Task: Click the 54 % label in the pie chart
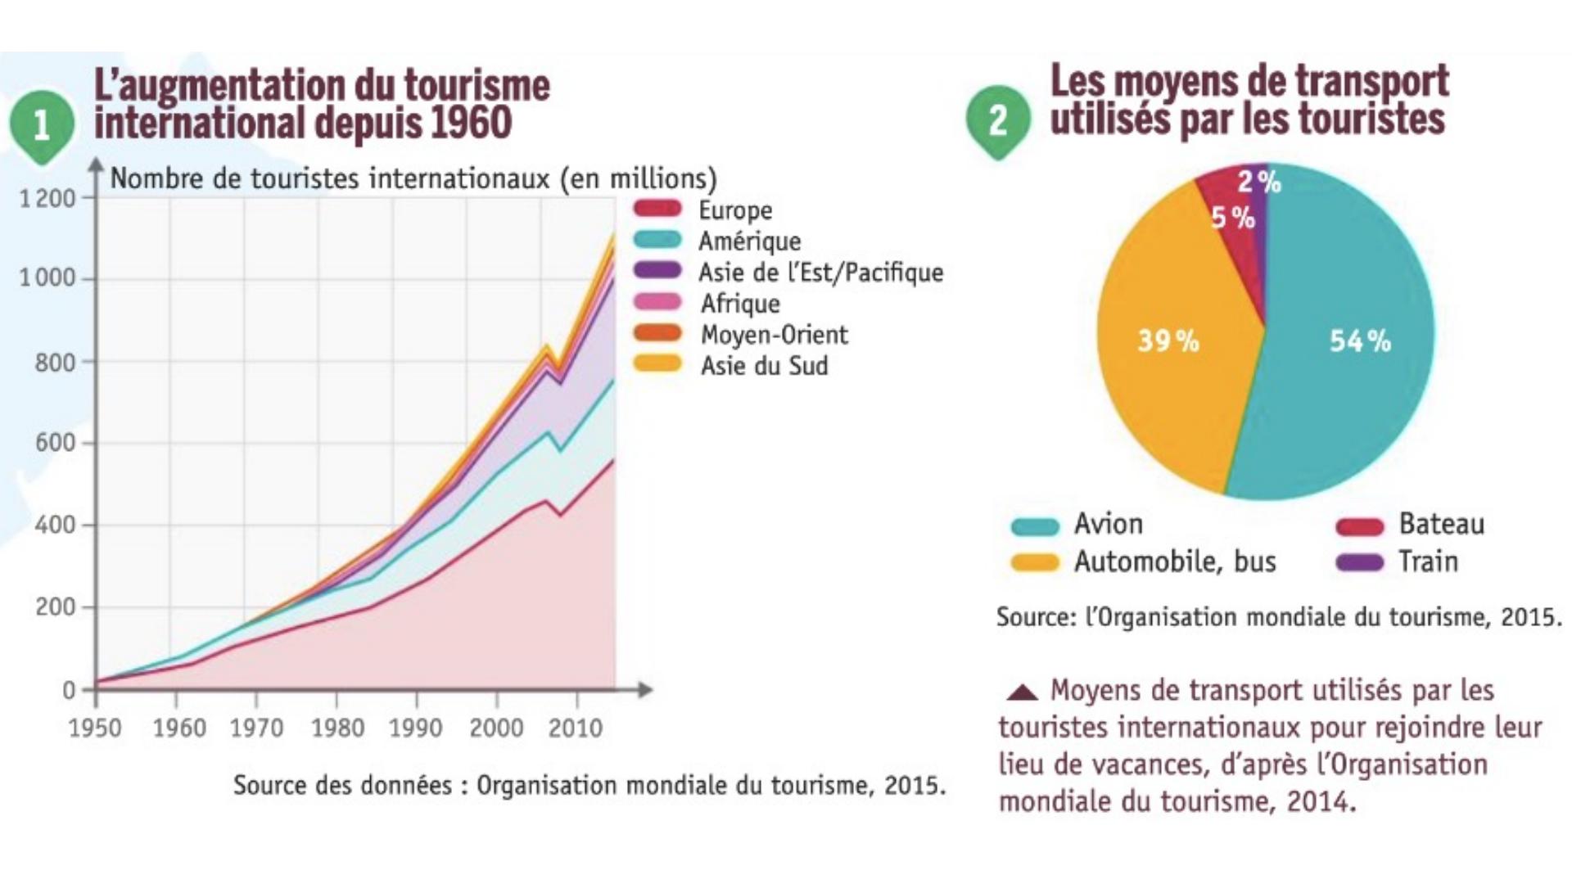(x=1359, y=341)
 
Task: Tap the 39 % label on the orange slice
(x=1168, y=340)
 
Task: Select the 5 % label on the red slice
(x=1232, y=218)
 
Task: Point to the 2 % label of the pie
(x=1258, y=182)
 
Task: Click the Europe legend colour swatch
(x=657, y=209)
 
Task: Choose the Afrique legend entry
(x=740, y=304)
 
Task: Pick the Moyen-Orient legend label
(x=774, y=335)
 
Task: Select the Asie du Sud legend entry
(x=764, y=366)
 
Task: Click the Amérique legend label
(x=749, y=241)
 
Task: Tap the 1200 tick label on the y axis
(x=47, y=199)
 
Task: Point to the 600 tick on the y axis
(x=55, y=443)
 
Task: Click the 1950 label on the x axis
(x=95, y=728)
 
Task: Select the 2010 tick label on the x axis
(x=576, y=728)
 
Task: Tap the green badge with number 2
(x=997, y=121)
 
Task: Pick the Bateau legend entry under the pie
(x=1441, y=524)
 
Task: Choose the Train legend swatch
(x=1359, y=562)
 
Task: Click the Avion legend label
(x=1108, y=524)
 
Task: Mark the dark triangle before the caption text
(x=1022, y=692)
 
